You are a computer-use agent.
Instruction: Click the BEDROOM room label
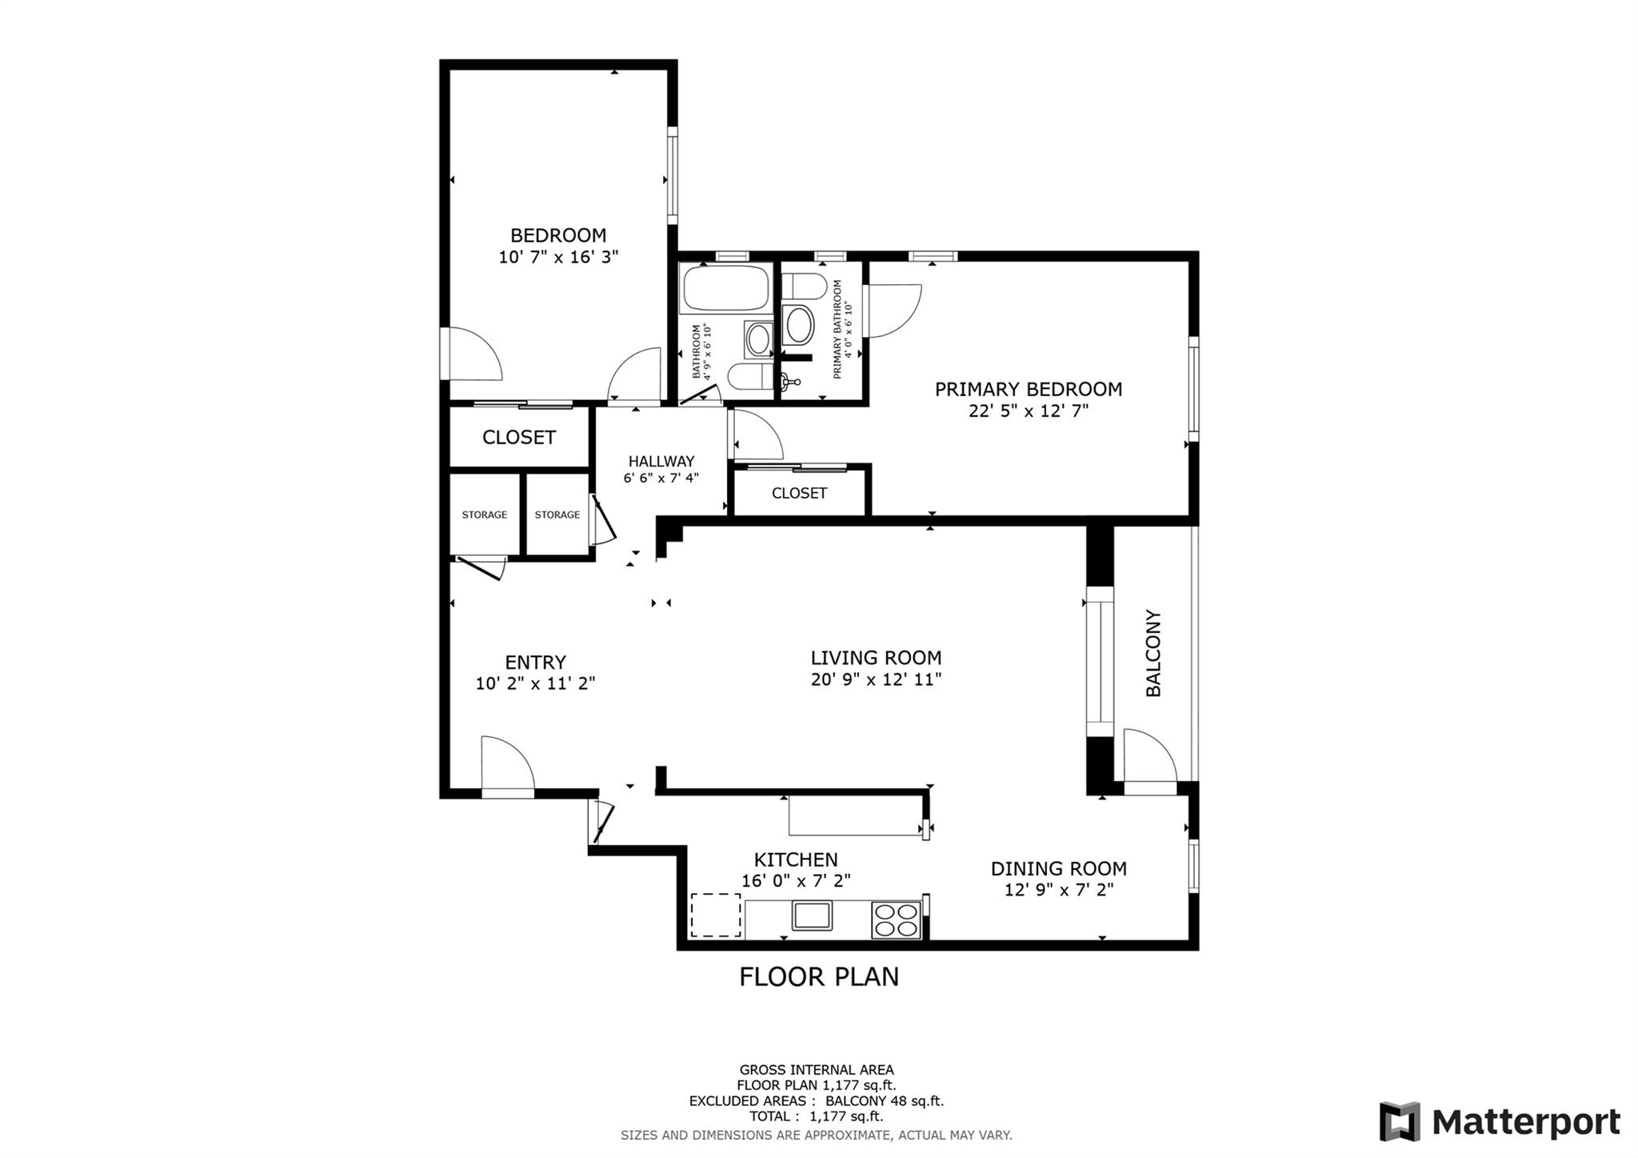558,235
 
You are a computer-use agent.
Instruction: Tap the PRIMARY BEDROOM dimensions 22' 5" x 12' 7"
1029,411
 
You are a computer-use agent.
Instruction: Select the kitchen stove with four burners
896,919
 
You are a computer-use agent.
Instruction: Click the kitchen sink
812,915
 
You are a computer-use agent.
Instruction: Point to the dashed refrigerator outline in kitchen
716,915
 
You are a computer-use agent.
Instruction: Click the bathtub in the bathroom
725,289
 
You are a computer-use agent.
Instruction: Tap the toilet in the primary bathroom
805,286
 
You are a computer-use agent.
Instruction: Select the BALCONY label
1153,653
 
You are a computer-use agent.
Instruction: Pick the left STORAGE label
484,515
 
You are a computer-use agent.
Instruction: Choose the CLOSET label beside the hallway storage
518,437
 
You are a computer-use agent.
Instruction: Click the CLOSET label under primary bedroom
799,493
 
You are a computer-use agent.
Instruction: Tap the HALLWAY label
661,461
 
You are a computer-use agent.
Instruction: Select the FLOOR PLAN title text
818,977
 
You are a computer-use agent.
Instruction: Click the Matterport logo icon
1399,1121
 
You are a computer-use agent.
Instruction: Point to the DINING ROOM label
1058,868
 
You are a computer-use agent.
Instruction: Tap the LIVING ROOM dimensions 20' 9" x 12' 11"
876,679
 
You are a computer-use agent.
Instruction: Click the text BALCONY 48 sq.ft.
885,1100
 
